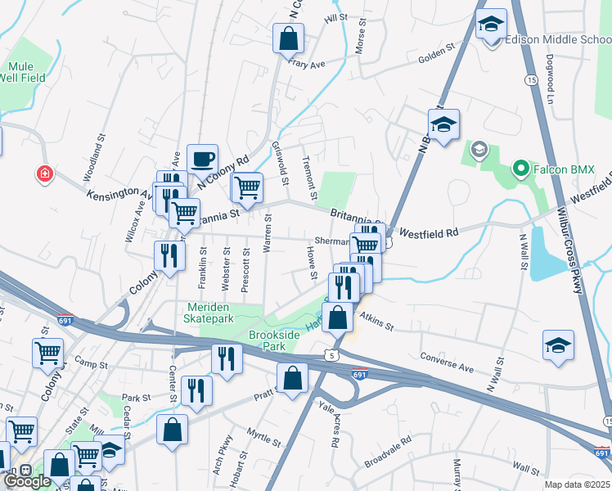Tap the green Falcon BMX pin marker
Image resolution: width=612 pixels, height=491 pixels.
point(519,169)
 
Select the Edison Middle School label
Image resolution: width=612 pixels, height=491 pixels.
point(557,38)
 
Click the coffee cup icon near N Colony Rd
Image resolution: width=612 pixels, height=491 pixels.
point(202,159)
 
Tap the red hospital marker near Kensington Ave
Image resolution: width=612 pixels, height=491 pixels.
point(43,173)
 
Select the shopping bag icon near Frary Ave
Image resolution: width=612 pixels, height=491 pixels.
point(288,38)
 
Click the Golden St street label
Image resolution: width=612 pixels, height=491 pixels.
point(436,54)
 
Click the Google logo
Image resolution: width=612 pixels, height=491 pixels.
point(27,480)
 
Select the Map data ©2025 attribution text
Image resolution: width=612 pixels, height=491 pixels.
point(578,484)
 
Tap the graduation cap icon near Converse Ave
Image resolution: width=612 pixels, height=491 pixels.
point(558,345)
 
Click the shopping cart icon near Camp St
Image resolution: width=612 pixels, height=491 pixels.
point(47,353)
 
